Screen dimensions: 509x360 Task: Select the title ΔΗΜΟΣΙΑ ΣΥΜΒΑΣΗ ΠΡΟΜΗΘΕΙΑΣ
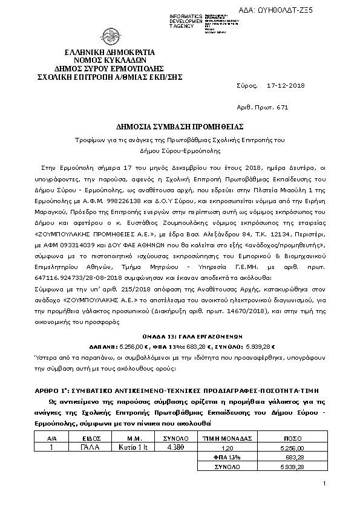point(180,127)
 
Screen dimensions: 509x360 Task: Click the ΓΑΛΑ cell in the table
point(90,447)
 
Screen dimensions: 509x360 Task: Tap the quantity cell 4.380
point(175,447)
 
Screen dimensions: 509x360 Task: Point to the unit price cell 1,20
point(227,447)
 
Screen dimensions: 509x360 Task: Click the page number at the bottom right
point(324,484)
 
